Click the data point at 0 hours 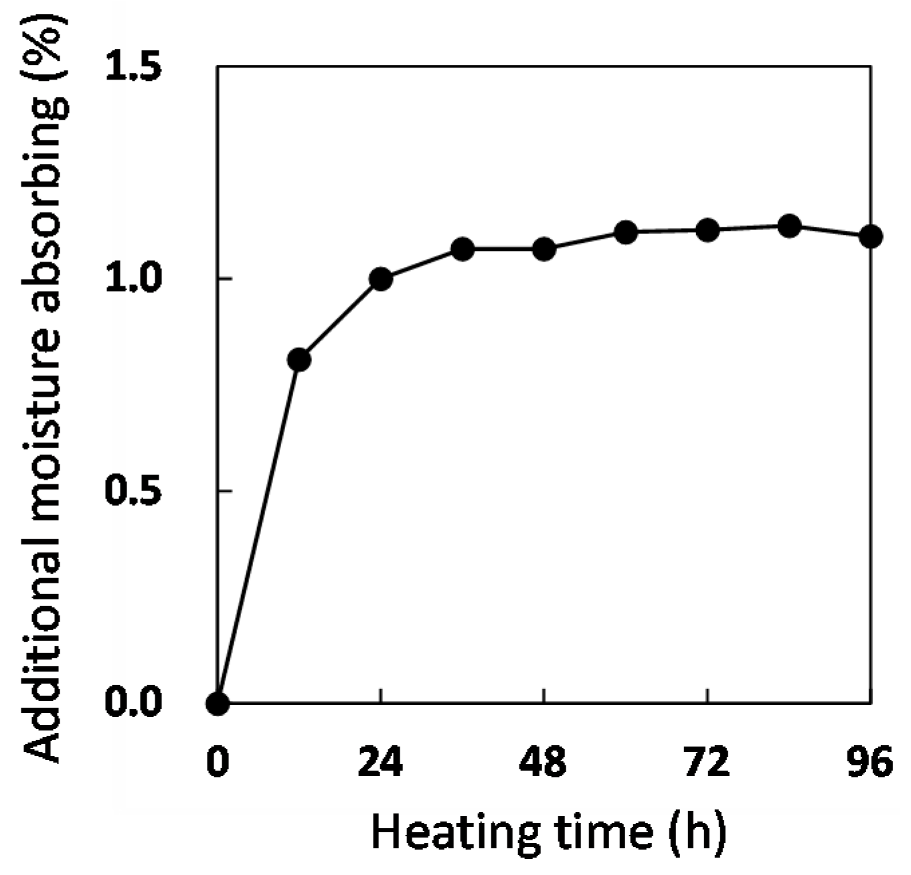(218, 703)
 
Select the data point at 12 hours (299, 360)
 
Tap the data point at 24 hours (381, 279)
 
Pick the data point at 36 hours (463, 250)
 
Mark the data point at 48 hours (544, 250)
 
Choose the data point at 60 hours (626, 232)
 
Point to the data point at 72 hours (708, 231)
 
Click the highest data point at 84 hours (790, 226)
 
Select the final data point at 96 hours (870, 236)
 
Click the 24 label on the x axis (380, 762)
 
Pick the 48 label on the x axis (544, 762)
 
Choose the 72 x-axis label (707, 762)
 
